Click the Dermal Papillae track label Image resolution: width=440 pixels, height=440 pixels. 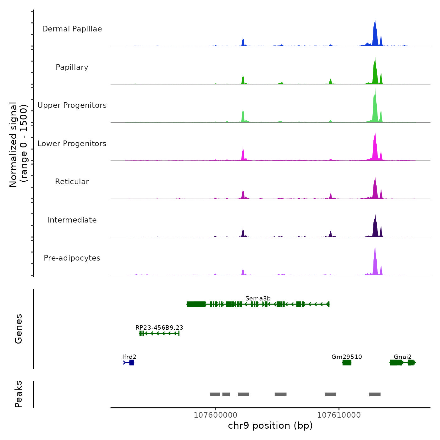coord(72,29)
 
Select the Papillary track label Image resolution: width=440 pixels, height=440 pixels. coord(72,67)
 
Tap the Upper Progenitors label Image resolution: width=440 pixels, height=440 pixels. coord(72,105)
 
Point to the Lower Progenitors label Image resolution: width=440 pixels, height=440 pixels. coord(72,144)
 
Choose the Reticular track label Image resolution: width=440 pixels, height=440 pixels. coord(72,182)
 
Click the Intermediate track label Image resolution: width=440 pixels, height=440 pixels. coord(72,220)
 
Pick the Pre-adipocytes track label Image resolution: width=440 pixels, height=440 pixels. coord(72,258)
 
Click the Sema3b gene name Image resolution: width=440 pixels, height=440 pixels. coord(258,298)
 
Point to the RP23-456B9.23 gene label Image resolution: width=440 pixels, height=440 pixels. coord(159,327)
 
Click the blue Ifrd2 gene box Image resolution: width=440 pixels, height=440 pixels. coord(131,363)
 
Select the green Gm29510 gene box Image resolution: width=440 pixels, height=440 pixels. coord(347,363)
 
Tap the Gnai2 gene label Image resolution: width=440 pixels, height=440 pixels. coord(403,357)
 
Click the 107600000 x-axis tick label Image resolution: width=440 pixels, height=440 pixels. coord(216,415)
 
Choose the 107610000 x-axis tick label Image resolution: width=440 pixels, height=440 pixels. coord(339,415)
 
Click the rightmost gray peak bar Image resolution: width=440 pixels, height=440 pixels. coord(375,394)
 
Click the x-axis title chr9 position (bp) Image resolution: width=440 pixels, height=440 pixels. coord(270,426)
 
